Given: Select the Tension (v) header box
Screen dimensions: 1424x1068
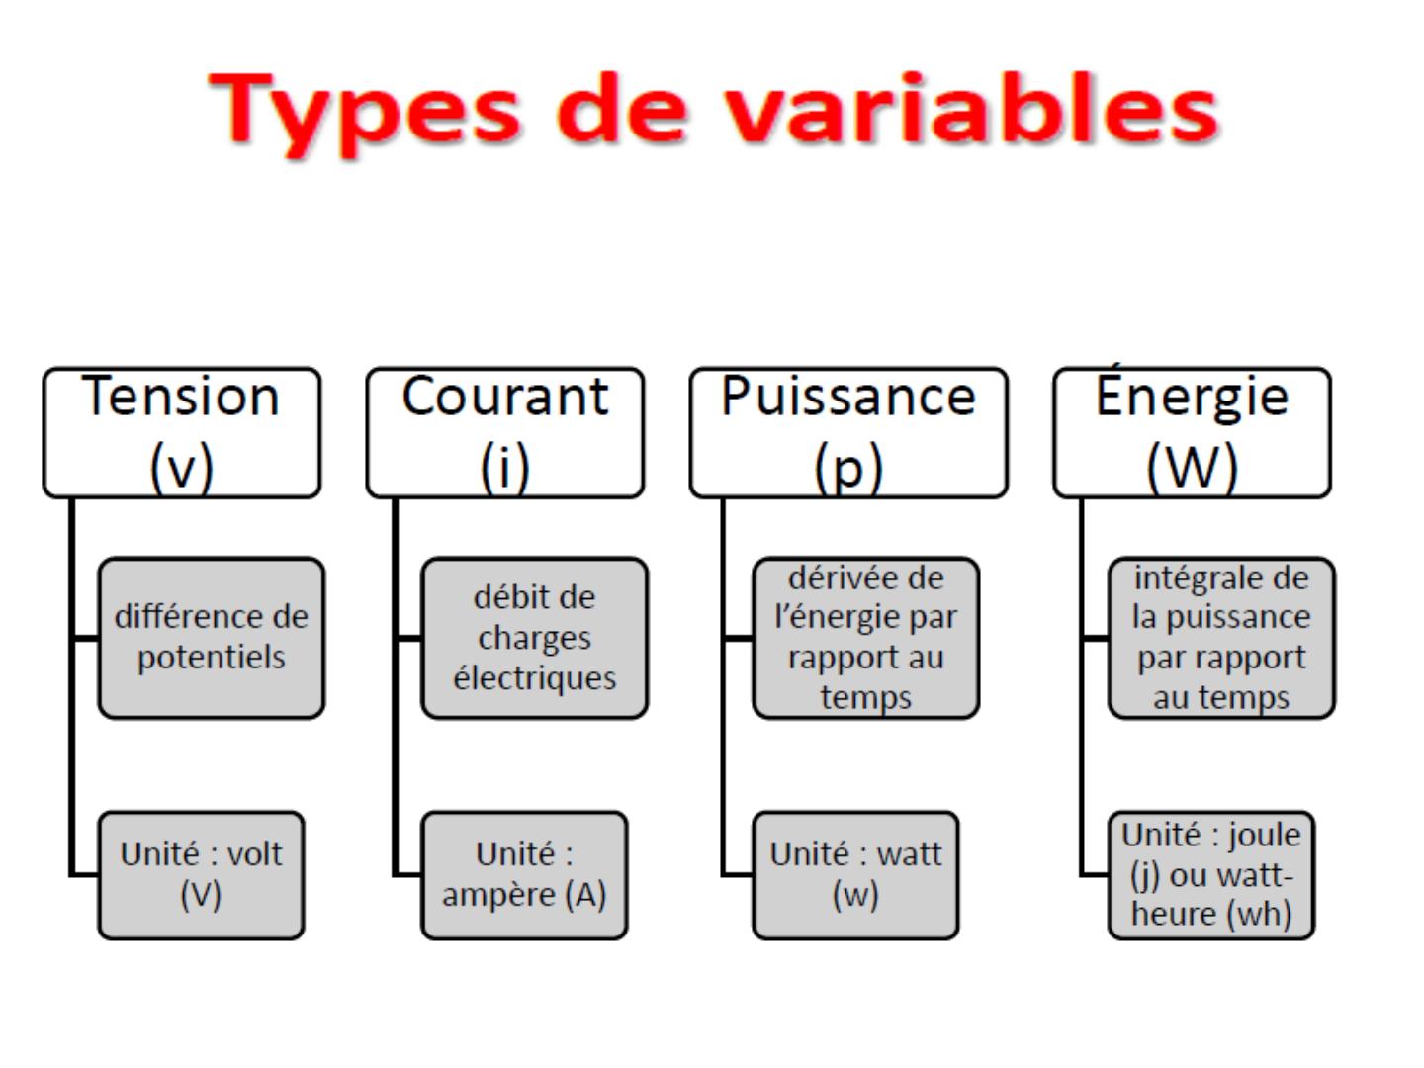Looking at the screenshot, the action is coord(182,432).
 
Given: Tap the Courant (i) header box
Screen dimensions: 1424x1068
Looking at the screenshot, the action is coord(504,432).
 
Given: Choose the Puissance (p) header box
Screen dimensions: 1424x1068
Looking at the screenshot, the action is coord(848,432).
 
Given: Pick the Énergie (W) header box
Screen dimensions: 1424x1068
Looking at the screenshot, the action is coord(1193,432).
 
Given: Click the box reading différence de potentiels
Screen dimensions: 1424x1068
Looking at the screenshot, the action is coord(212,638).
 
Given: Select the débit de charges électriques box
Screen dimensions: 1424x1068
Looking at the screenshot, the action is coord(535,638).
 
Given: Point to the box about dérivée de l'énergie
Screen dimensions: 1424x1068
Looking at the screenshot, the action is coord(866,638).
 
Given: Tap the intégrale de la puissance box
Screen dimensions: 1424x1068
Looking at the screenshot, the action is coord(1221,638).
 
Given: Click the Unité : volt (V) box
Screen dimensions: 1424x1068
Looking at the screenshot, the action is coord(201,875).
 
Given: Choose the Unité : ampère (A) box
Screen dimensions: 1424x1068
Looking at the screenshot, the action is coord(524,875).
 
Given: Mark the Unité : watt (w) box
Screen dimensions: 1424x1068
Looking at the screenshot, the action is coord(855,875).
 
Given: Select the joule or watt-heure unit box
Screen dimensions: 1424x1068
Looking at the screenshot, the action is coord(1211,875).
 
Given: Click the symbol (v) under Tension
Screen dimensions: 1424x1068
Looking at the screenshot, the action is coord(182,467).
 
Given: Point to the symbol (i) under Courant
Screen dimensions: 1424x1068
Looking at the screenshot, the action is coord(504,467).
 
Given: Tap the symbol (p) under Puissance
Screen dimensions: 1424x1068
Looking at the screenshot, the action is coord(848,468).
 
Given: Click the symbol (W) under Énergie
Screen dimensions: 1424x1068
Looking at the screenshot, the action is coord(1193,467).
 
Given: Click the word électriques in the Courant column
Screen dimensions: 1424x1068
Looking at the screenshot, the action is coord(535,678).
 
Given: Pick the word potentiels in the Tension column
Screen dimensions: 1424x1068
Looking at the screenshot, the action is coord(212,658).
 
